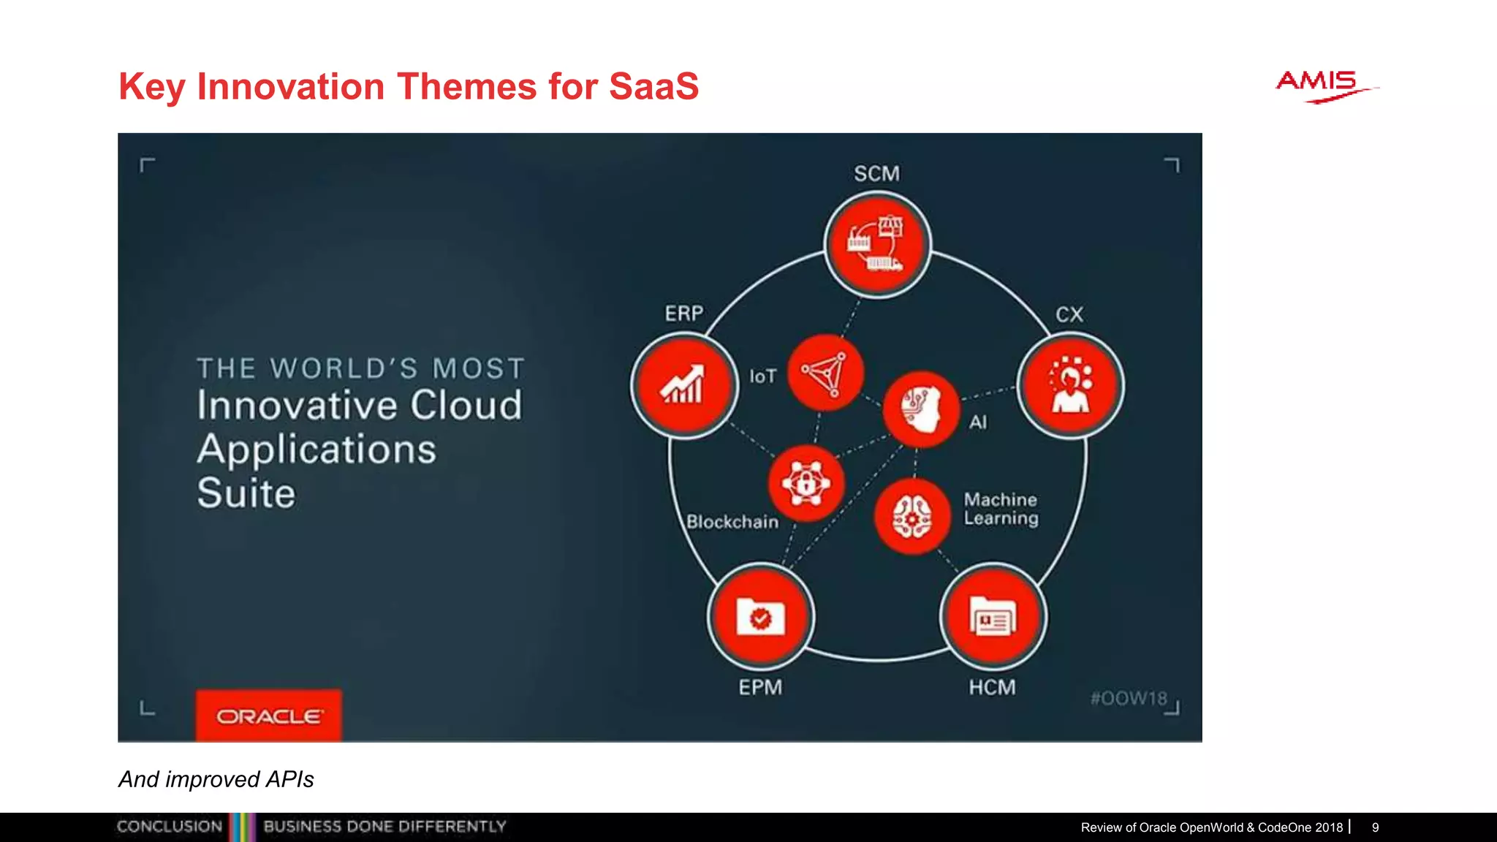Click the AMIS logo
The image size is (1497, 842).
point(1324,86)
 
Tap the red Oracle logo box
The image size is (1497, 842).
point(268,716)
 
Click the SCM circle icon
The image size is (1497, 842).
point(877,244)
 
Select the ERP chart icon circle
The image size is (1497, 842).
point(684,385)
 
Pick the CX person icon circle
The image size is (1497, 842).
point(1070,385)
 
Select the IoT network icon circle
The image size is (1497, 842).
point(826,373)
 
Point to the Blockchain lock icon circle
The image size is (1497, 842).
point(806,483)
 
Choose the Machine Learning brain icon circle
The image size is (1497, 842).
point(912,516)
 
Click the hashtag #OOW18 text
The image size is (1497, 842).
point(1129,698)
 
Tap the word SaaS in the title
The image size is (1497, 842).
point(653,86)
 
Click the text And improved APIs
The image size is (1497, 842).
point(216,779)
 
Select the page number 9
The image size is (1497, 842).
point(1375,827)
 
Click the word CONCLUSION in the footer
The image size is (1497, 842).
point(170,827)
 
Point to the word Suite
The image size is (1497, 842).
point(246,493)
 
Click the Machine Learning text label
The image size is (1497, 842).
point(1001,509)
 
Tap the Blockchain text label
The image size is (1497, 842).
point(732,522)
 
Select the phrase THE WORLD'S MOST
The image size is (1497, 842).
point(361,368)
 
